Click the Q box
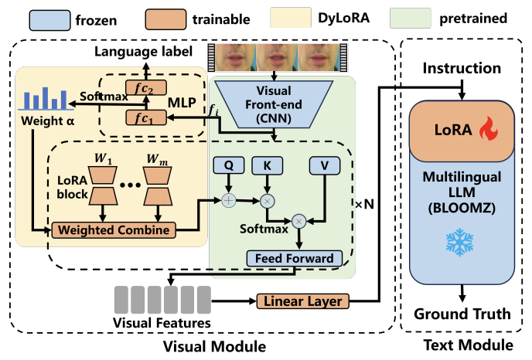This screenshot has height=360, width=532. (227, 165)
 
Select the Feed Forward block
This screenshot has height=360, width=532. (290, 258)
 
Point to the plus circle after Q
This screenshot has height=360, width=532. (229, 199)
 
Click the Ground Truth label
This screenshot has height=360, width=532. (462, 314)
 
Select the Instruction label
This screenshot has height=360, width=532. (462, 70)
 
